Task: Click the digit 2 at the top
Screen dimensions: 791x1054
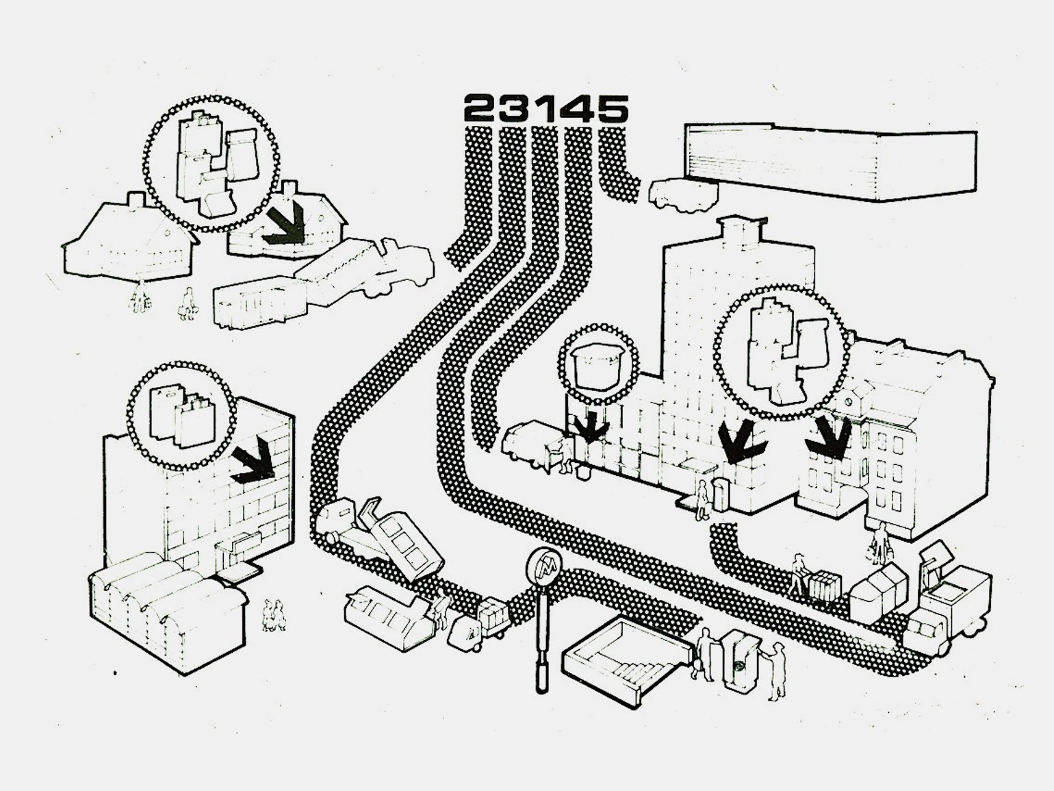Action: click(480, 108)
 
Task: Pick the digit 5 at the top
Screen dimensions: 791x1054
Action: click(611, 108)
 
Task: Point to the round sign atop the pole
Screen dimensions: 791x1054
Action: click(544, 566)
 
